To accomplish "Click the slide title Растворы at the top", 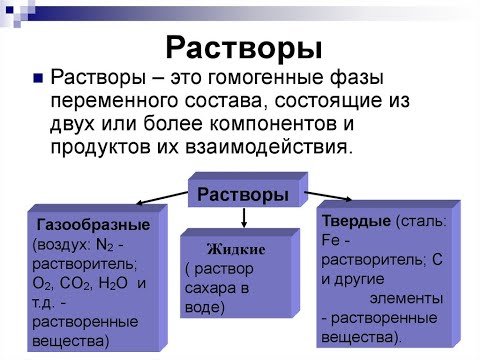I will [x=242, y=47].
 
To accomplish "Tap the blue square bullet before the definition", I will [x=38, y=78].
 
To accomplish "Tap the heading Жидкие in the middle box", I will [x=229, y=249].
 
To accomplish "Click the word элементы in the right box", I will [x=405, y=298].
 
